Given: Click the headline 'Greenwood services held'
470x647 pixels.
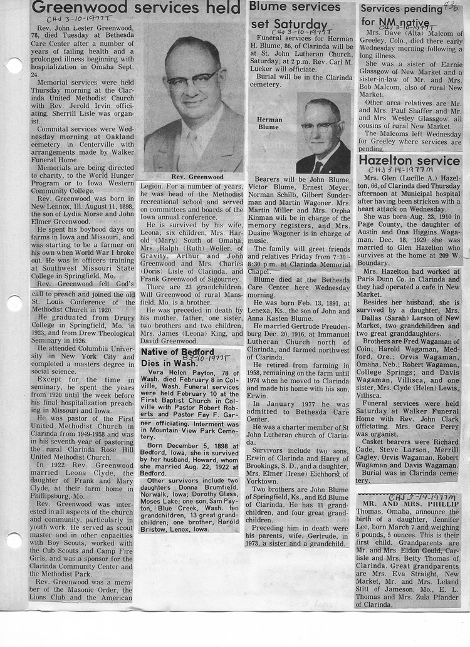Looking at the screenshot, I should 136,9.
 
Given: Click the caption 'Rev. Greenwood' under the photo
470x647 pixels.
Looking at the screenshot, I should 194,177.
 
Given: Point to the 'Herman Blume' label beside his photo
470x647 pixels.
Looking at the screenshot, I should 269,123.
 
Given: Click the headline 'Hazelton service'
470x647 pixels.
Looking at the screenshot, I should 409,161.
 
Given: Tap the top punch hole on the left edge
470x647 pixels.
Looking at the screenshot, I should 13,65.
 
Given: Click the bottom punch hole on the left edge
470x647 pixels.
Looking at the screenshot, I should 13,540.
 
